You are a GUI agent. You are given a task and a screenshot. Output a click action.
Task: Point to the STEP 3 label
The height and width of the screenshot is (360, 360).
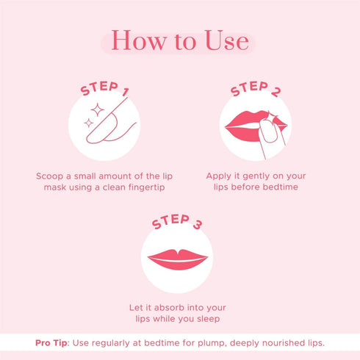pos(177,223)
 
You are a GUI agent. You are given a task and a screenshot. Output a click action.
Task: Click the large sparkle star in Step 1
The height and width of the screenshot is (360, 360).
pos(95,112)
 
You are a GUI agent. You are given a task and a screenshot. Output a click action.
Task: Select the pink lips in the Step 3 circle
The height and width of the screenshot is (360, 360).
pos(178,259)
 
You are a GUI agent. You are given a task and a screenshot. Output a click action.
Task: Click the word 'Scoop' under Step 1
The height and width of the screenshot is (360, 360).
pos(51,177)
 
